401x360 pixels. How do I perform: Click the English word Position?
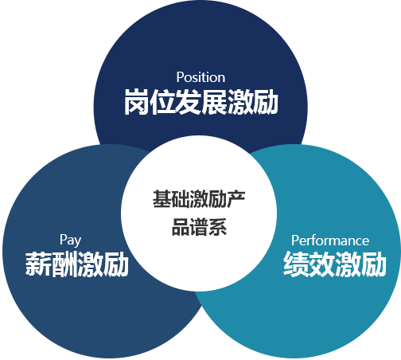coord(200,77)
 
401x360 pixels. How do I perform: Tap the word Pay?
coord(70,241)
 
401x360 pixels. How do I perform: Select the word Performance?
coord(330,241)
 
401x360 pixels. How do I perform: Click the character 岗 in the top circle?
coord(137,102)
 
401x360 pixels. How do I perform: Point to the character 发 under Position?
coord(188,102)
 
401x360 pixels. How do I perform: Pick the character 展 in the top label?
coord(214,102)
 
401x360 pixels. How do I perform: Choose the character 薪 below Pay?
coord(38,264)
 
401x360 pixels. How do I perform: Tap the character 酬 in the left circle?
coord(64,264)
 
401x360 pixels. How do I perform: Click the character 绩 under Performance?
coord(296,264)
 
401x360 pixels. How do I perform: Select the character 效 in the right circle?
coord(322,264)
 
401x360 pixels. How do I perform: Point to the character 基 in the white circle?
coord(162,199)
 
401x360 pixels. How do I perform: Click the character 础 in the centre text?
coord(181,199)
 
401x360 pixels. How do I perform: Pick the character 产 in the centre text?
coord(236,199)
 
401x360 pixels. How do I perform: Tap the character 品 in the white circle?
coord(181,227)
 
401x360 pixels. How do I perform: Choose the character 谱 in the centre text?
coord(199,227)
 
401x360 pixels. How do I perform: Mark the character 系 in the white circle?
coord(217,227)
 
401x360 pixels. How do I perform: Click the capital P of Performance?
coord(295,241)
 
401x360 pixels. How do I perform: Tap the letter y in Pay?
coord(77,242)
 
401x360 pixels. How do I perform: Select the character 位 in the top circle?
coord(162,102)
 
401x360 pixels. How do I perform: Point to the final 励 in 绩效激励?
coord(373,264)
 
